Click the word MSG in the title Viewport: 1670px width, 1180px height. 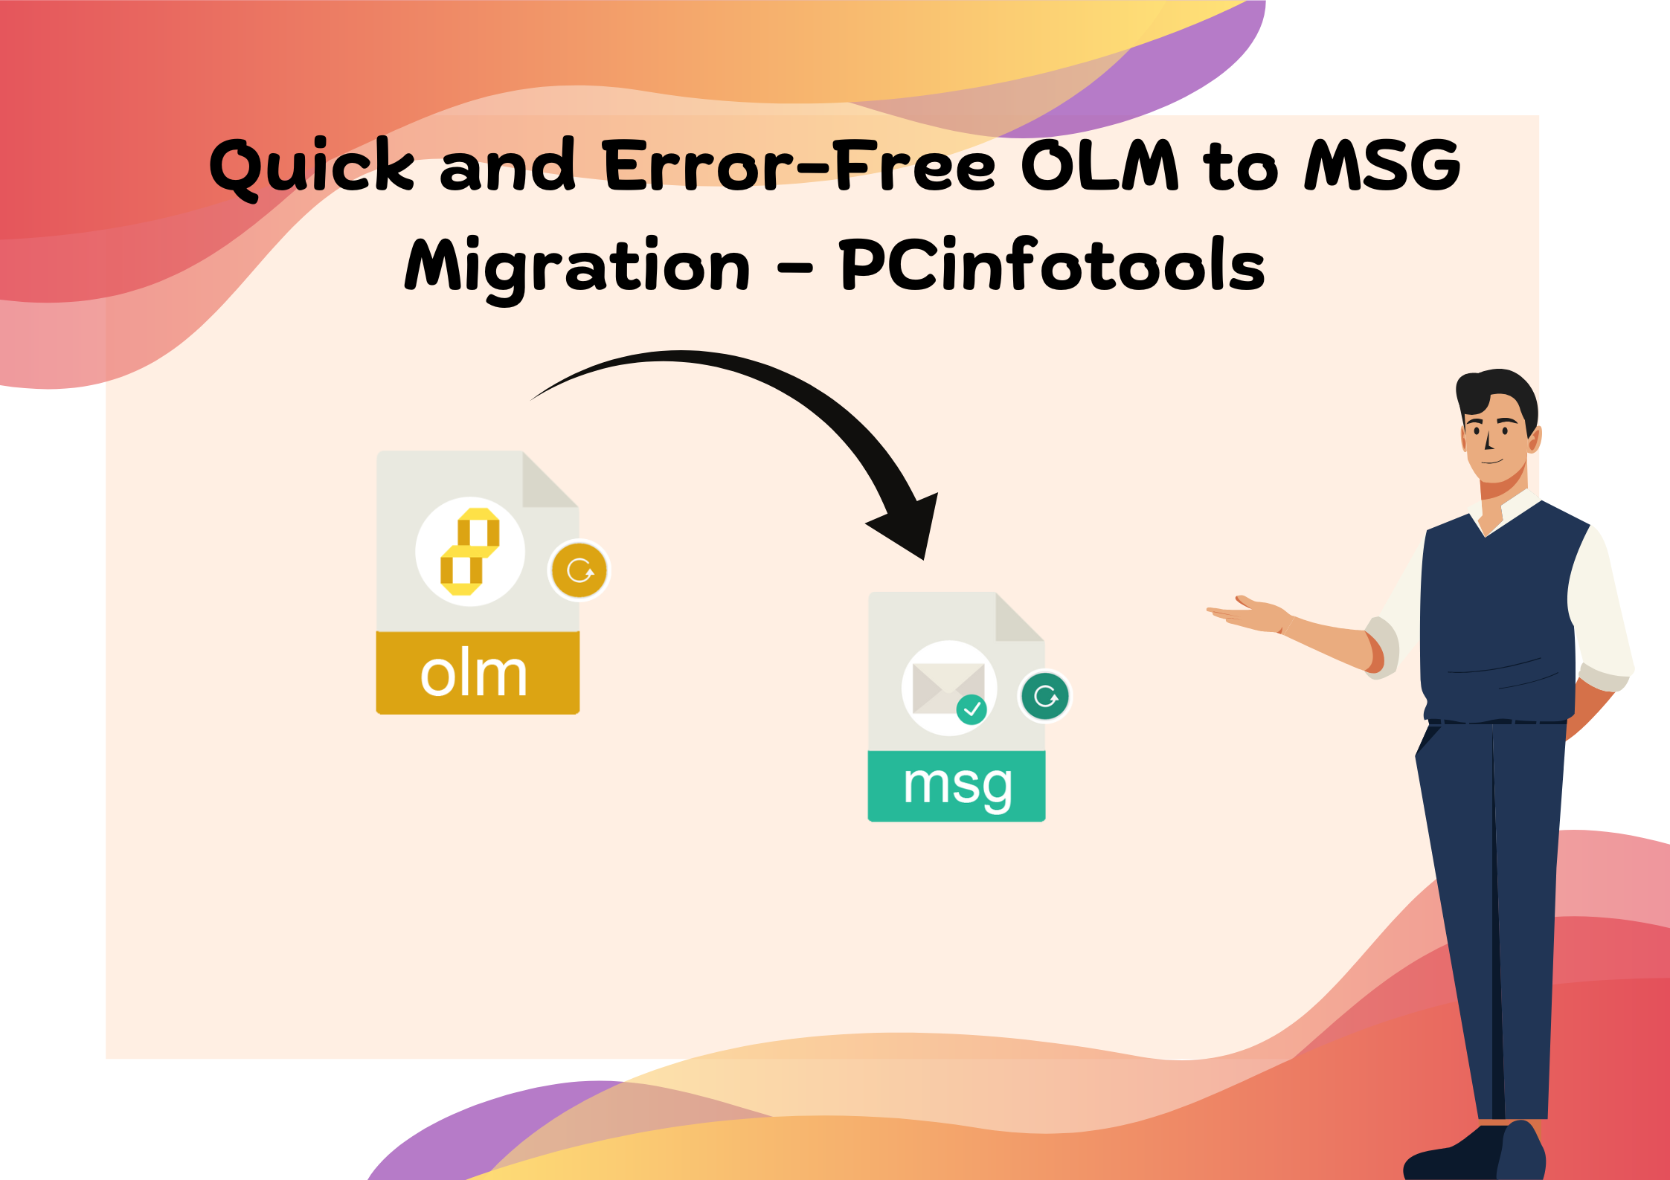click(x=1382, y=165)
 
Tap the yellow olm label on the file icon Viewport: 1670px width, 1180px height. click(x=477, y=673)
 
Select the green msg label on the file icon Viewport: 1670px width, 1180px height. click(x=957, y=786)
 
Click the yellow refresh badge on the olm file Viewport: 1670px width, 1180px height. click(x=579, y=570)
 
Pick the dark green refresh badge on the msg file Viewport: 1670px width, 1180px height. click(x=1045, y=697)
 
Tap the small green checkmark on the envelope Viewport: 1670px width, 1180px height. click(x=972, y=709)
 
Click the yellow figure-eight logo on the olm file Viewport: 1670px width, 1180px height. click(x=470, y=551)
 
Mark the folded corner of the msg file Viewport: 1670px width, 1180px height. click(x=1017, y=619)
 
